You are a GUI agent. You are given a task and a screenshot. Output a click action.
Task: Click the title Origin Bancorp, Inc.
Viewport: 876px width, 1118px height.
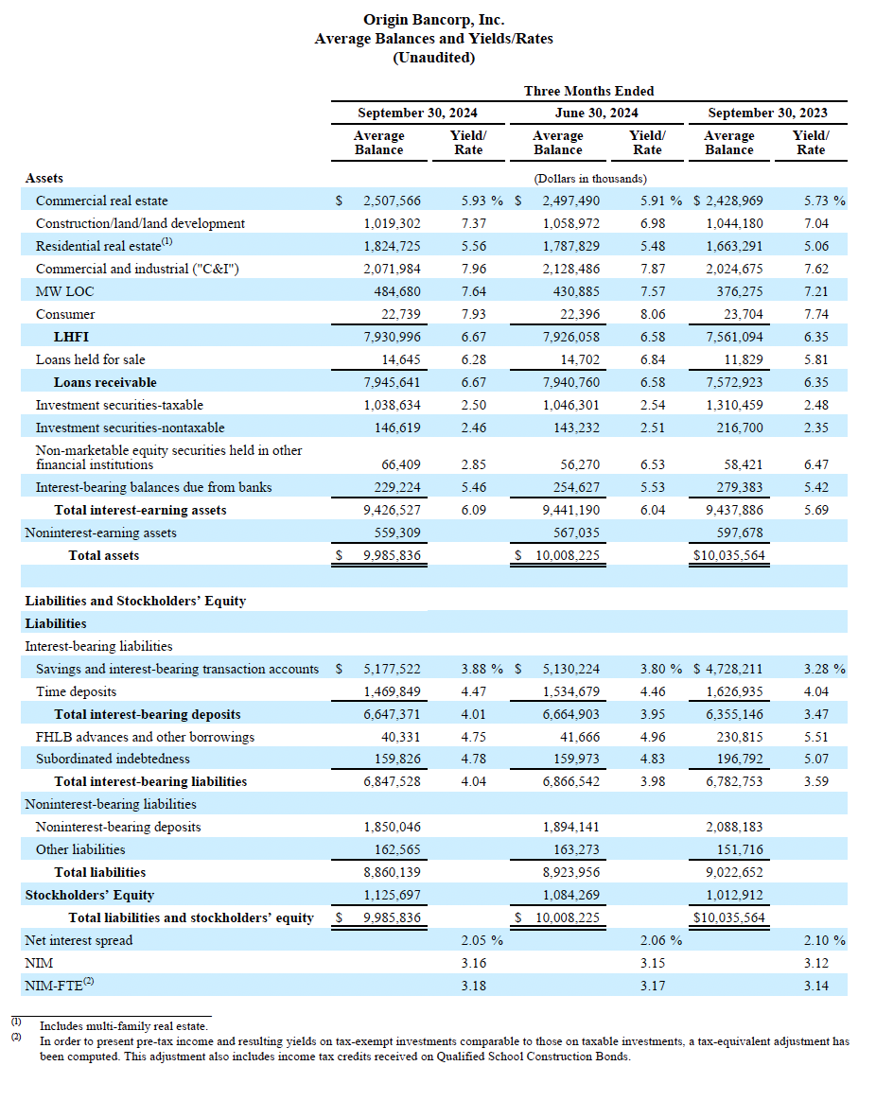[433, 20]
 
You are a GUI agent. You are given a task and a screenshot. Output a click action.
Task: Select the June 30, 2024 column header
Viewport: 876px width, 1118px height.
[596, 113]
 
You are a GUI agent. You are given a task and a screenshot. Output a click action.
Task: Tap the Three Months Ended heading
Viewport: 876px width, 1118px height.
[588, 91]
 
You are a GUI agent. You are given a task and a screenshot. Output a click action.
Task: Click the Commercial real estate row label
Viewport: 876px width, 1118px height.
[102, 201]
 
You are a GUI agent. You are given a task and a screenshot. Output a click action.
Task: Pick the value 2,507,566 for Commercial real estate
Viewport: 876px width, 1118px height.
[392, 201]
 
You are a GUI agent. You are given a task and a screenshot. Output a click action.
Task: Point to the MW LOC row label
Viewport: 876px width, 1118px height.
[65, 291]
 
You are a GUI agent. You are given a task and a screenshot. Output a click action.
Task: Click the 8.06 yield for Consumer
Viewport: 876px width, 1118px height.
[653, 314]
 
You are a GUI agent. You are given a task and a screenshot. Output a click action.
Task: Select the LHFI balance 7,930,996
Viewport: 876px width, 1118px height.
[392, 337]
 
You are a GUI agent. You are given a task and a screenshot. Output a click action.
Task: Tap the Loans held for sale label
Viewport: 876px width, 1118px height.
[91, 359]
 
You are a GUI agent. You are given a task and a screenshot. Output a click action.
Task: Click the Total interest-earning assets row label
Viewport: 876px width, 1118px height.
[141, 510]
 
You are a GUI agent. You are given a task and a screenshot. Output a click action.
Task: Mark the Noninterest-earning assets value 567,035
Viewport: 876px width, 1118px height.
[576, 533]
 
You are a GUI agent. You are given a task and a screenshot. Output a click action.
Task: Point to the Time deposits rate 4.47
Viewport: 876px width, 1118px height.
[474, 691]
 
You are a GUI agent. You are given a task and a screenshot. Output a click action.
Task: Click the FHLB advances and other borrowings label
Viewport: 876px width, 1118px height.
[145, 737]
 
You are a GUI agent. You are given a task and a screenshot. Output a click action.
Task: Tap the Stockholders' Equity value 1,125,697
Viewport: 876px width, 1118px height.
[392, 895]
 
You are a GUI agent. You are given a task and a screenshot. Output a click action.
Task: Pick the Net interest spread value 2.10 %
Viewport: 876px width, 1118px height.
[825, 940]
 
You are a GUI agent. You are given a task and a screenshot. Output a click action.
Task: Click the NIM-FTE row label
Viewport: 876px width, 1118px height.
[60, 985]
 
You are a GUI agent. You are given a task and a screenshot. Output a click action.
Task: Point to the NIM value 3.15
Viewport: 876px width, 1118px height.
[653, 963]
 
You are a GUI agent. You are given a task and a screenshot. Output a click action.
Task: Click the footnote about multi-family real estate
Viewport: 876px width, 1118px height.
[123, 1026]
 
